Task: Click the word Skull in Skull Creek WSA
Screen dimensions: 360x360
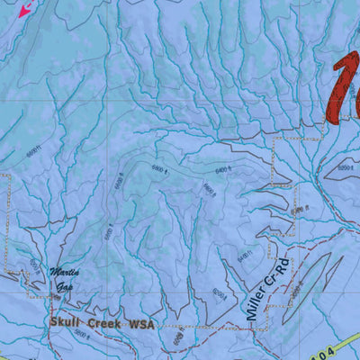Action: click(67, 321)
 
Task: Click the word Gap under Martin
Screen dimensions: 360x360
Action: click(65, 287)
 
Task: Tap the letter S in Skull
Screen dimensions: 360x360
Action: click(54, 321)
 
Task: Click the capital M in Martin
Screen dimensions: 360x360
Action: click(54, 273)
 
